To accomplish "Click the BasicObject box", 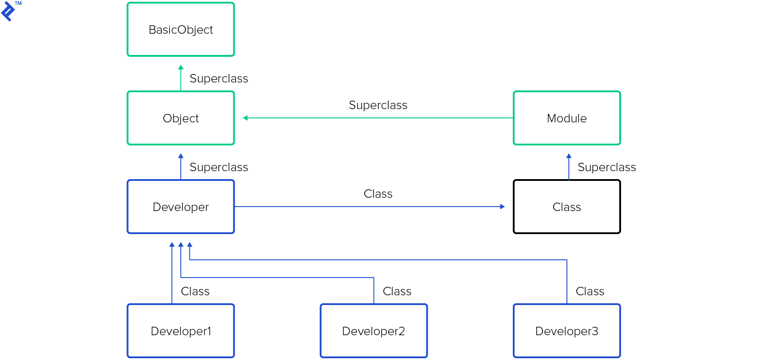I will [x=181, y=30].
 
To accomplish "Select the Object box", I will [x=181, y=118].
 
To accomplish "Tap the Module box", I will [x=566, y=118].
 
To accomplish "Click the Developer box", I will [x=181, y=207].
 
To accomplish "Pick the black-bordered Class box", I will [x=566, y=207].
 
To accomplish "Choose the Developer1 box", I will [x=181, y=331].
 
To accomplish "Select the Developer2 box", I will [x=374, y=331].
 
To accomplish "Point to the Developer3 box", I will [x=566, y=331].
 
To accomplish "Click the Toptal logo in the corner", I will [x=8, y=11].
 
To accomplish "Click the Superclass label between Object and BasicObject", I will [x=219, y=79].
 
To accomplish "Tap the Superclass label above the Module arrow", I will [x=378, y=106].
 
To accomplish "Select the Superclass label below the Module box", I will [x=606, y=168].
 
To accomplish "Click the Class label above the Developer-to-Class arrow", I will [x=378, y=194].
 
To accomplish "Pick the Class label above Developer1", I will [x=195, y=292].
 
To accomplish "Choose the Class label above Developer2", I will [x=397, y=292].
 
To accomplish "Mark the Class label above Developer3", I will [x=590, y=292].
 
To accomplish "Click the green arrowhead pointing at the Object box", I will [x=245, y=118].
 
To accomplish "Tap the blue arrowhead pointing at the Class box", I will [x=502, y=207].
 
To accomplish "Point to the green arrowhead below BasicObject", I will [x=181, y=67].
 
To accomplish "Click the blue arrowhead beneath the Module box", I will [x=569, y=156].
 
